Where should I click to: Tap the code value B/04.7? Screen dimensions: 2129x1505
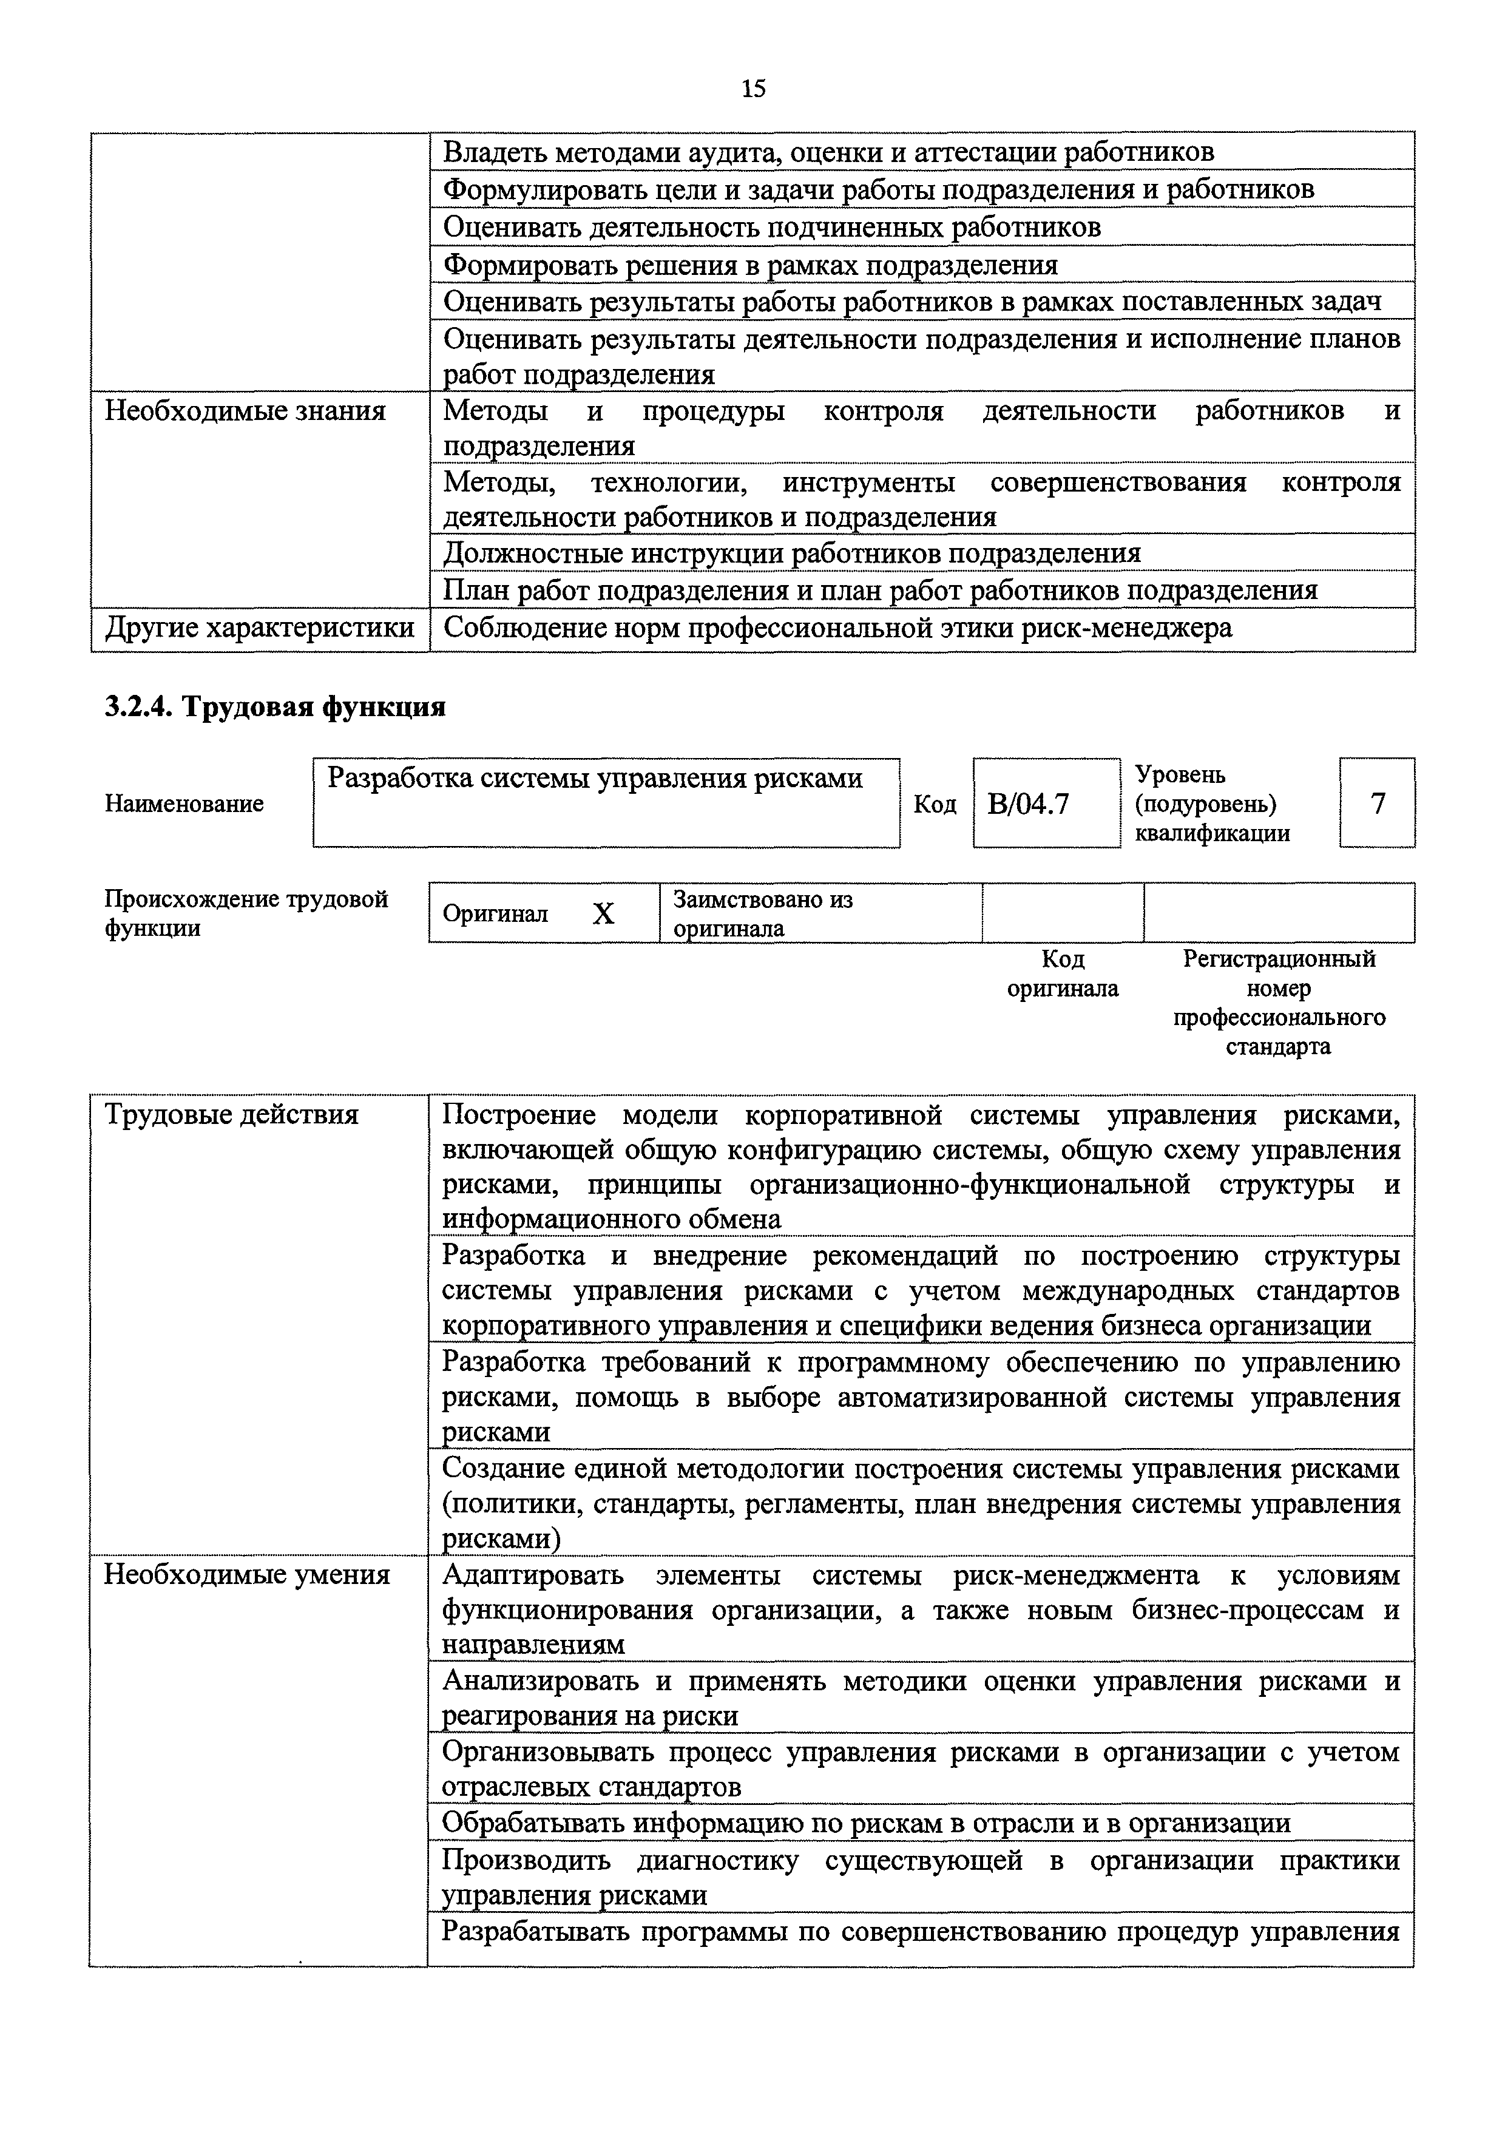[x=1029, y=803]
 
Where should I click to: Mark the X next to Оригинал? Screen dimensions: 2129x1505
[x=604, y=914]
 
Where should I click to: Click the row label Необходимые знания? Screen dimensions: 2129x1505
[x=245, y=411]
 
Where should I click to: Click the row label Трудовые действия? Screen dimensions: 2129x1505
[x=231, y=1114]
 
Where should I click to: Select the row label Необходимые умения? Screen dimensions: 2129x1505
[x=246, y=1574]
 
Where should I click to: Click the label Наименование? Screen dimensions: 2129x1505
[x=184, y=803]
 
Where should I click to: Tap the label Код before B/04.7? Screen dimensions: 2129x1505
[x=935, y=803]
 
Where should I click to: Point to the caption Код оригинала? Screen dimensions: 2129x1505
[x=1063, y=973]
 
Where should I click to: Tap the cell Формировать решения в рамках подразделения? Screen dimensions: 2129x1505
[x=750, y=265]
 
